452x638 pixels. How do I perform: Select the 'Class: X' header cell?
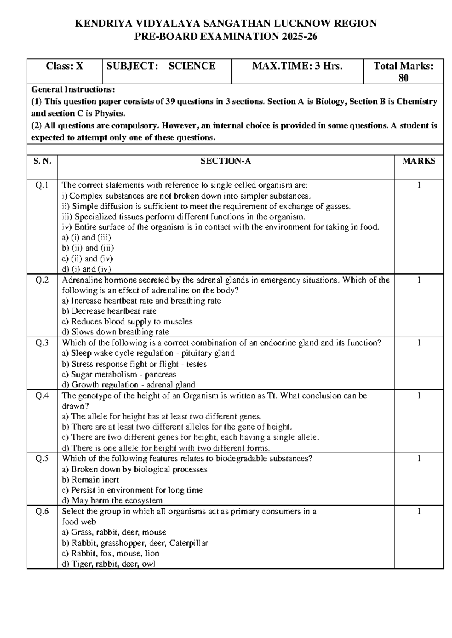pyautogui.click(x=64, y=66)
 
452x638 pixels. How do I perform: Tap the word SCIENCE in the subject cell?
pyautogui.click(x=192, y=66)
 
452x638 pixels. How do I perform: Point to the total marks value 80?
pyautogui.click(x=403, y=78)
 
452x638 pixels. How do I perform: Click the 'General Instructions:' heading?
pyautogui.click(x=73, y=90)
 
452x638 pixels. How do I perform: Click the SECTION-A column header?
pyautogui.click(x=225, y=161)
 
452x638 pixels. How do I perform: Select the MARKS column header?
pyautogui.click(x=418, y=161)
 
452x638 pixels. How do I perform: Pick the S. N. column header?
pyautogui.click(x=42, y=161)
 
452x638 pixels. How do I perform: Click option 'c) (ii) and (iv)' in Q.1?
pyautogui.click(x=87, y=258)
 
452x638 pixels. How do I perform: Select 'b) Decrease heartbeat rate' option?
pyautogui.click(x=109, y=311)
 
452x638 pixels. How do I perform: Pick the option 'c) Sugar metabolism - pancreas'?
pyautogui.click(x=119, y=374)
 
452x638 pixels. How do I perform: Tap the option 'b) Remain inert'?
pyautogui.click(x=90, y=480)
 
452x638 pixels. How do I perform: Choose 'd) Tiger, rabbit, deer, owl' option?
pyautogui.click(x=108, y=564)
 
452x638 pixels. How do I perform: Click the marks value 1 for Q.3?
pyautogui.click(x=418, y=343)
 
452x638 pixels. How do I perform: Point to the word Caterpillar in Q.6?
pyautogui.click(x=189, y=543)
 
